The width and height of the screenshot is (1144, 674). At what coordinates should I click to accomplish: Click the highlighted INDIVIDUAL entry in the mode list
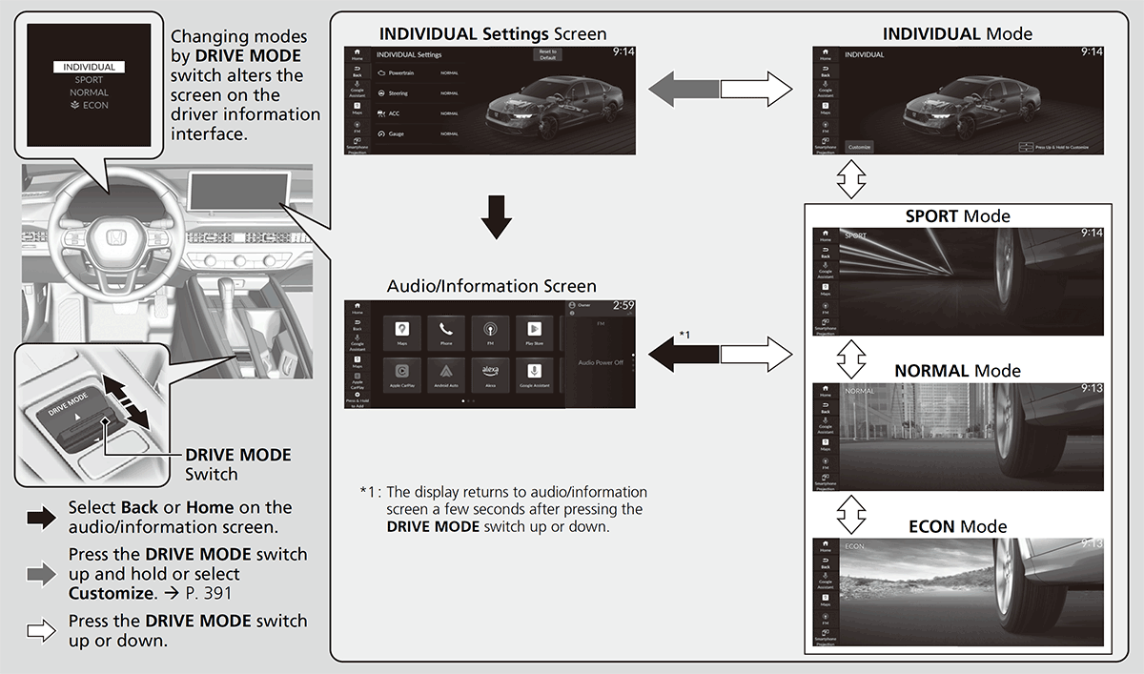click(89, 68)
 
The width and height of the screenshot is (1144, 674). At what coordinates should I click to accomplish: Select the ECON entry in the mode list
click(89, 105)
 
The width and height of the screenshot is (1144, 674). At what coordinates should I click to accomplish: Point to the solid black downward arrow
click(497, 216)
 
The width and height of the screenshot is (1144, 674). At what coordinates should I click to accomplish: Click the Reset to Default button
click(547, 54)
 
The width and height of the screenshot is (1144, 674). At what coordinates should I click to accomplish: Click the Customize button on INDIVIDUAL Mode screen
click(860, 147)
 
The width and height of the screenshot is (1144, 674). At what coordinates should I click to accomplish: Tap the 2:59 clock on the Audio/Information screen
click(623, 306)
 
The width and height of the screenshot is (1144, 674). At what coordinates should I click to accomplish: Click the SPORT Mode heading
click(957, 216)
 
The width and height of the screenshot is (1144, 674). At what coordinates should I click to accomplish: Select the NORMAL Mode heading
click(957, 371)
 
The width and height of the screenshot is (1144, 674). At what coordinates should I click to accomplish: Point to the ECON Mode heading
click(957, 526)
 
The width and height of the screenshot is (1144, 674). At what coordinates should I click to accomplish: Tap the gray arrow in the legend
click(42, 573)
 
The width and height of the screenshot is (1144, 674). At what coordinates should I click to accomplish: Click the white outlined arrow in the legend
click(42, 629)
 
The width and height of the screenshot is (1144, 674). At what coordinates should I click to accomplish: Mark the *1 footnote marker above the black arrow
click(684, 335)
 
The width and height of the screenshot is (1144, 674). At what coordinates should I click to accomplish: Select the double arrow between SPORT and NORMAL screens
click(851, 357)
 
